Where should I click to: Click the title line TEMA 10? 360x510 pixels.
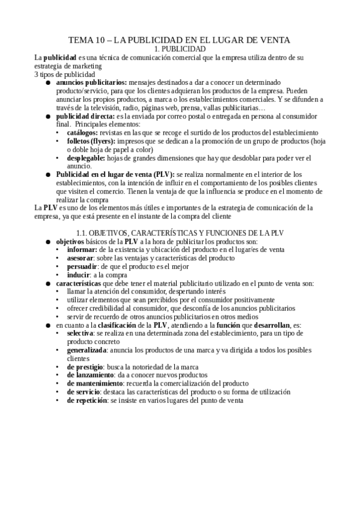pos(180,40)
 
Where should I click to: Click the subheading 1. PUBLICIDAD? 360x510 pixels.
pos(180,49)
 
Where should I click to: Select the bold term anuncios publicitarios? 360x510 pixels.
pos(91,82)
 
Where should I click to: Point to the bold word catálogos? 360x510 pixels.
pos(82,132)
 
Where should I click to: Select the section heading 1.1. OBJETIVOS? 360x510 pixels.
pos(180,232)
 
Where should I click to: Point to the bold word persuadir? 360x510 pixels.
pos(83,266)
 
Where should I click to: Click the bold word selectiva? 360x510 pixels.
pos(80,333)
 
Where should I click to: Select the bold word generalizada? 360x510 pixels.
pos(87,349)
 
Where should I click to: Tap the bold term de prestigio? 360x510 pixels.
pos(85,366)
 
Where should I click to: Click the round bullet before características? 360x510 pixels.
pos(48,283)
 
